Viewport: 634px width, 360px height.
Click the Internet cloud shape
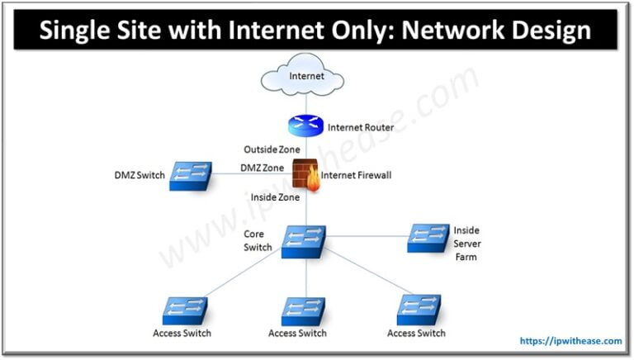pos(304,78)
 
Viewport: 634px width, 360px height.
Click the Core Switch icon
pos(303,240)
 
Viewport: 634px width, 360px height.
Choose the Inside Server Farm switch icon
pos(429,238)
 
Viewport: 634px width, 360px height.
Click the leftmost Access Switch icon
pos(184,310)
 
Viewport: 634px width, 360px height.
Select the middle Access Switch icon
pos(303,310)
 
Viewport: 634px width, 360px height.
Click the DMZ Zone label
pos(262,168)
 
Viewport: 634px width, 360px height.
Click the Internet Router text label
pos(361,128)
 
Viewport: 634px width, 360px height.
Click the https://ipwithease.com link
pos(571,340)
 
